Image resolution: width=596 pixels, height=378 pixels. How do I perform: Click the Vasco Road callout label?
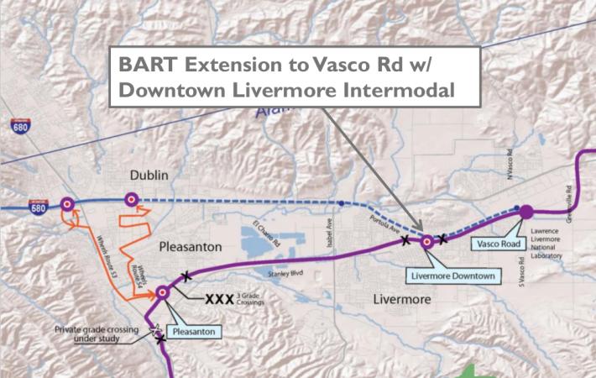point(496,244)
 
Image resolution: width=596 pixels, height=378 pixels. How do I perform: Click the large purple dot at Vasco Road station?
point(526,212)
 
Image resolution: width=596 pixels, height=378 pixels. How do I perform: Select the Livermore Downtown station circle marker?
point(426,242)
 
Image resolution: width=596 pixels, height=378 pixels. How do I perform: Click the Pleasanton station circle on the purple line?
point(162,292)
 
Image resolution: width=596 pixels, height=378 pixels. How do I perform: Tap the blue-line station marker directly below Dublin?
point(130,200)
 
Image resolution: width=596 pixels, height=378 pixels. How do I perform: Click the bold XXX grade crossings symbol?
point(217,300)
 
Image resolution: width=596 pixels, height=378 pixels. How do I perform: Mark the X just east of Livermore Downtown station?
point(443,239)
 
